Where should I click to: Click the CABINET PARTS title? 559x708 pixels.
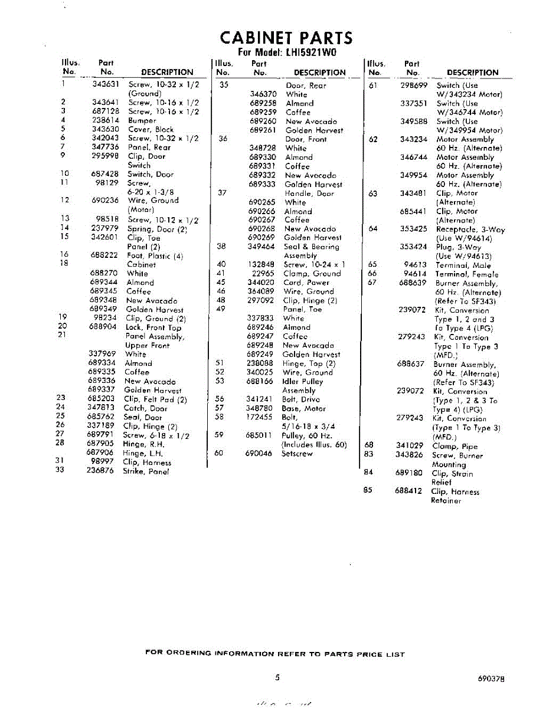click(286, 38)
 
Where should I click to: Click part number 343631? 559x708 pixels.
click(106, 84)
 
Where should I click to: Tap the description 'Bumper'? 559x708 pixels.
click(142, 120)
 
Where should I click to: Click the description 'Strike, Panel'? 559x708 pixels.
click(146, 471)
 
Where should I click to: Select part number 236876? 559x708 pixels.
click(100, 471)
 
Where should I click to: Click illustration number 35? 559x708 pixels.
click(224, 85)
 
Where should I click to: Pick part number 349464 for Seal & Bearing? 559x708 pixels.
click(261, 247)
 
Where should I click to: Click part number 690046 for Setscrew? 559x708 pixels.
click(259, 454)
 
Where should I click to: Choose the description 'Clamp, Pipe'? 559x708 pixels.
click(455, 447)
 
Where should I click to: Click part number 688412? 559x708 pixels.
click(408, 491)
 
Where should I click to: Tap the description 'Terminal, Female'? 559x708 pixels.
click(466, 274)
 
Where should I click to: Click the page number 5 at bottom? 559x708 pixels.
click(277, 678)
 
